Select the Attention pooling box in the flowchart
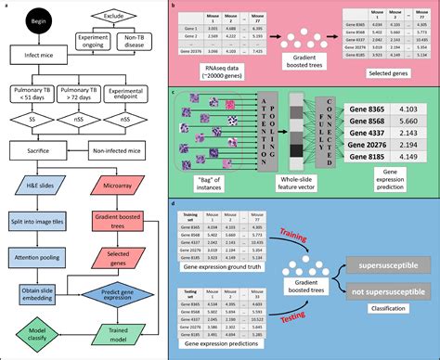[x=32, y=258]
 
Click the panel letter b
[x=189, y=6]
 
